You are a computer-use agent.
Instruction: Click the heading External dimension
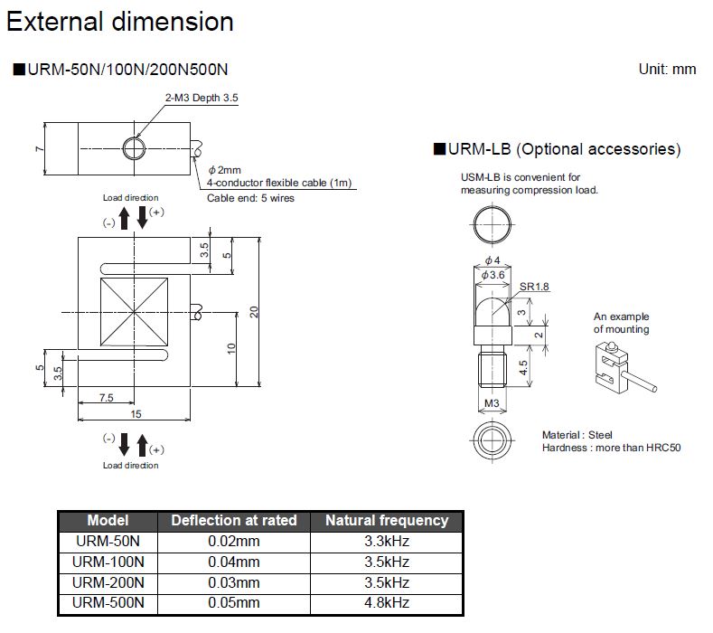[x=120, y=22]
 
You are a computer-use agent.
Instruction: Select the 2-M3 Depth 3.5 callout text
[x=201, y=97]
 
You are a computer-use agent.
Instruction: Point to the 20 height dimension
[x=255, y=311]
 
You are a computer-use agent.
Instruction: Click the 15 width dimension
[x=135, y=414]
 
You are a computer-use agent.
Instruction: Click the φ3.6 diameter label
[x=493, y=274]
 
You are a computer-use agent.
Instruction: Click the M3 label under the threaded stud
[x=492, y=403]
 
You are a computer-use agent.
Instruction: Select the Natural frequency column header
[x=386, y=521]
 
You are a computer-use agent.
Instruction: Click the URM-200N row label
[x=108, y=583]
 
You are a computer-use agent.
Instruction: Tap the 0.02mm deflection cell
[x=233, y=542]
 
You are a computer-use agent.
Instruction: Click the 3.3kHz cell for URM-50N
[x=386, y=542]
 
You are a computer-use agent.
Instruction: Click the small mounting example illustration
[x=622, y=368]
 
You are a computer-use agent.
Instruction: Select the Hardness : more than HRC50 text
[x=611, y=448]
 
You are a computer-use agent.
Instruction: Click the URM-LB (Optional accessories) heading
[x=558, y=149]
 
